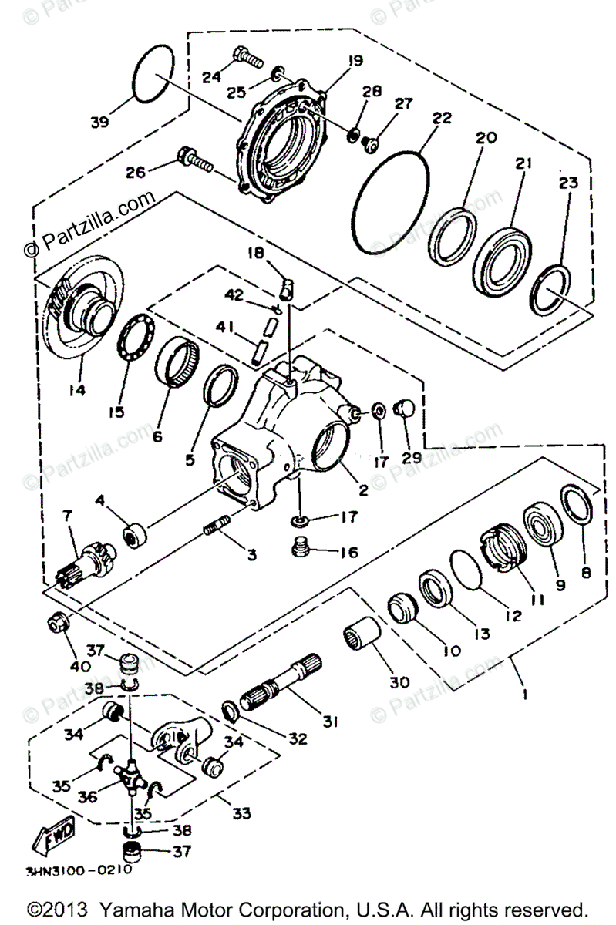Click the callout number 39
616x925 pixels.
pos(101,121)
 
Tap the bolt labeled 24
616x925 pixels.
pos(246,56)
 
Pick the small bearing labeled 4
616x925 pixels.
pos(137,535)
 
